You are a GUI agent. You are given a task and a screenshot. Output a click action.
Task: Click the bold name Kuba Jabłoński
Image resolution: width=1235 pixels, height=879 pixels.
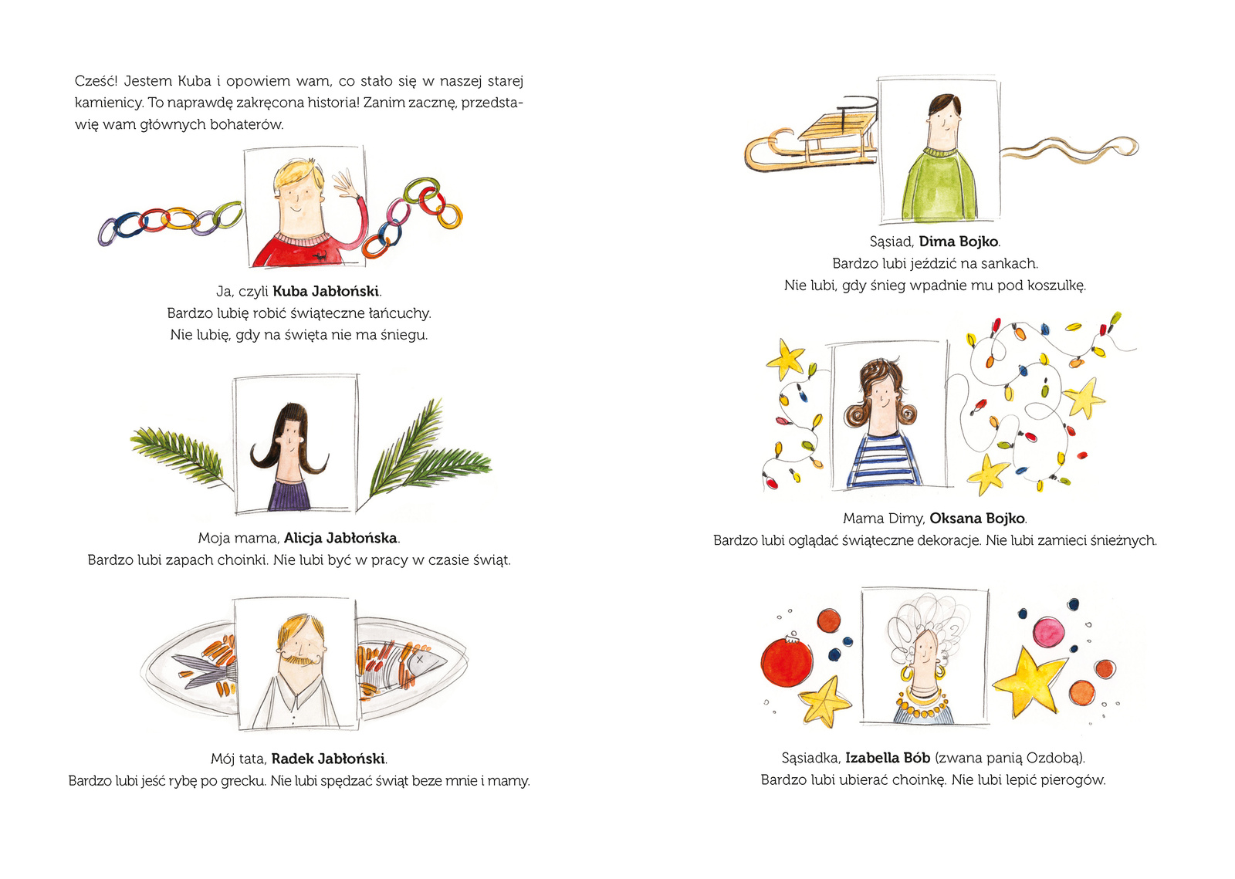click(x=326, y=291)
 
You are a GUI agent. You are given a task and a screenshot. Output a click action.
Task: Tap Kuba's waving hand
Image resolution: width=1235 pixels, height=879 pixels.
click(x=345, y=184)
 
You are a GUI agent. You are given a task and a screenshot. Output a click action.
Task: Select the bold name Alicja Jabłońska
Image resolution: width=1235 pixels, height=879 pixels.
click(x=340, y=538)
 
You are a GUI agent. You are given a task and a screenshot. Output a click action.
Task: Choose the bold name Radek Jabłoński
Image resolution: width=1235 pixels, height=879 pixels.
click(x=328, y=759)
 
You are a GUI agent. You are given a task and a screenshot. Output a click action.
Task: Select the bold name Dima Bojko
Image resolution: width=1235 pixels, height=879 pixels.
click(x=958, y=242)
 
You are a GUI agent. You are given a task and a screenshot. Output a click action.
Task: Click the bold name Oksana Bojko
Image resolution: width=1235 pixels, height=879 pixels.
click(x=977, y=519)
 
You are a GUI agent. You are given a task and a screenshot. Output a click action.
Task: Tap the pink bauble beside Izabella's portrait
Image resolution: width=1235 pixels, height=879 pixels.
click(x=1047, y=633)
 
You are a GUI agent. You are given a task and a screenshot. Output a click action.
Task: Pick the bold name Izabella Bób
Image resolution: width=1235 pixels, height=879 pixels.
click(x=888, y=758)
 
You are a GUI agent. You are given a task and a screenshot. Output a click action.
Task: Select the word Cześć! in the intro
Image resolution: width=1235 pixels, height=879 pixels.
click(x=96, y=81)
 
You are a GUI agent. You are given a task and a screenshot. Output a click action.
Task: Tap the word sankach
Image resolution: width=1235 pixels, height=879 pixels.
click(x=1010, y=263)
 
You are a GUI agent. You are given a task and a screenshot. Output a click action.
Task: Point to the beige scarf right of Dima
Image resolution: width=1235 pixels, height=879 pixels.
click(x=1070, y=149)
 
